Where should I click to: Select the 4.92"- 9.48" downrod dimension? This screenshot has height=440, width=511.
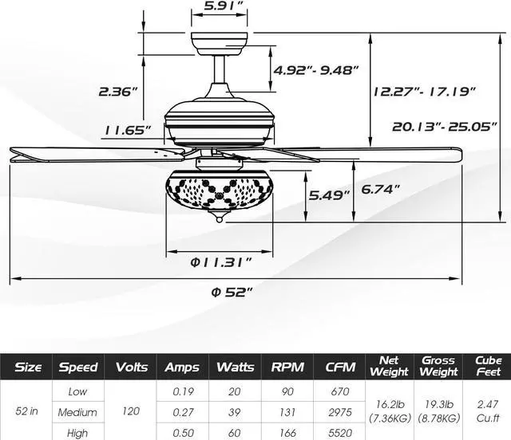[316, 69]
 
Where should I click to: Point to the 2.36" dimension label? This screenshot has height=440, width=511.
[118, 92]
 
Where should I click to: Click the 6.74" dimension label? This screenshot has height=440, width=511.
[380, 189]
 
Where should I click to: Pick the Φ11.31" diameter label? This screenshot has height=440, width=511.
[221, 262]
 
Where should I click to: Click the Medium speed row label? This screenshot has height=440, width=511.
[77, 412]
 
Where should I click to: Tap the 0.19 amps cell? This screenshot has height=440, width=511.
[183, 391]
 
